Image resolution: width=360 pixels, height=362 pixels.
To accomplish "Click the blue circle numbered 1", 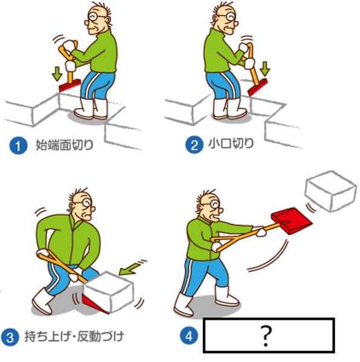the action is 18,145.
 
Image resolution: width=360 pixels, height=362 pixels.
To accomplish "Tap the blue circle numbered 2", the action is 194,145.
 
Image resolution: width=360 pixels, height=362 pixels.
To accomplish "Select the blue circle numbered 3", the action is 10,337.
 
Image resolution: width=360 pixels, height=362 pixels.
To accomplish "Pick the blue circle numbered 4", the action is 189,335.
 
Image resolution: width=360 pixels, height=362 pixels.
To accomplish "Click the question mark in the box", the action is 266,336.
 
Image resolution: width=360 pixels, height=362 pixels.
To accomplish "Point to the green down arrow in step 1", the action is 57,74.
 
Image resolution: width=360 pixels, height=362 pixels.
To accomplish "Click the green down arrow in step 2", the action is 265,69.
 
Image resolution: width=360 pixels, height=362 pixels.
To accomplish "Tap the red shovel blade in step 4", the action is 292,220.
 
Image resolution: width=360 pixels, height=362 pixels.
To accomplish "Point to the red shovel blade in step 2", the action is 257,87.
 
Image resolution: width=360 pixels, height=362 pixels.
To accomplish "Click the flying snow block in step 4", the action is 330,191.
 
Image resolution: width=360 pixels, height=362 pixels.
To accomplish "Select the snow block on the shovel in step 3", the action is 109,292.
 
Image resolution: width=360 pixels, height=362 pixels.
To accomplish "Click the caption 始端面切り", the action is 64,145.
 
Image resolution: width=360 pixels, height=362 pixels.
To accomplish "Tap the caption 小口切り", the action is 231,144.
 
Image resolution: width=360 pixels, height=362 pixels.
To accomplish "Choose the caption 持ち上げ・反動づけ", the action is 74,337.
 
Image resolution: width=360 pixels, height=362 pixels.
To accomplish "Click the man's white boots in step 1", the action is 91,109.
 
